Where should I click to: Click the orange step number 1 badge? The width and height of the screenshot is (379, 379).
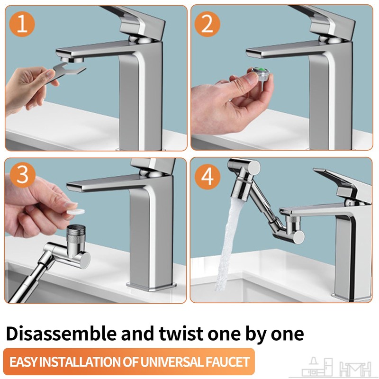point(22,24)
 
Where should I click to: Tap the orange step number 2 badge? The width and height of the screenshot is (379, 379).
point(207,24)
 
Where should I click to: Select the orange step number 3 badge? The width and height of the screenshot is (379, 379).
point(23,175)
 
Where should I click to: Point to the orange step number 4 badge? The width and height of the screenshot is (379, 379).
point(208,176)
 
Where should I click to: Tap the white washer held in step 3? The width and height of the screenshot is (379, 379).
point(76,211)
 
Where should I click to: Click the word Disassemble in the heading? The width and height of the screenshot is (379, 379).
point(62,334)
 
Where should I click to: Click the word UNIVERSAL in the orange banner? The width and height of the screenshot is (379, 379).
point(171,362)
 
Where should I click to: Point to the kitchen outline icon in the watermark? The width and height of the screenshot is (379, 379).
point(317,367)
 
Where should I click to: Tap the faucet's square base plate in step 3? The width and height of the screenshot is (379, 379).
point(151,286)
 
